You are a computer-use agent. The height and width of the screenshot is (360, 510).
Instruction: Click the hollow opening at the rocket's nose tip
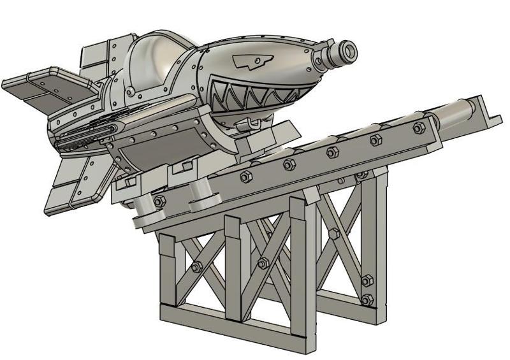(349, 49)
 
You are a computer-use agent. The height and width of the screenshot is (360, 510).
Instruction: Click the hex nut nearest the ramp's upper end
(418, 128)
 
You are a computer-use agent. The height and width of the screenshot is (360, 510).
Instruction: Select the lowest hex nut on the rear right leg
(366, 299)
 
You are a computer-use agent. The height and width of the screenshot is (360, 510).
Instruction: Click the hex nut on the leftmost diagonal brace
(196, 267)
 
